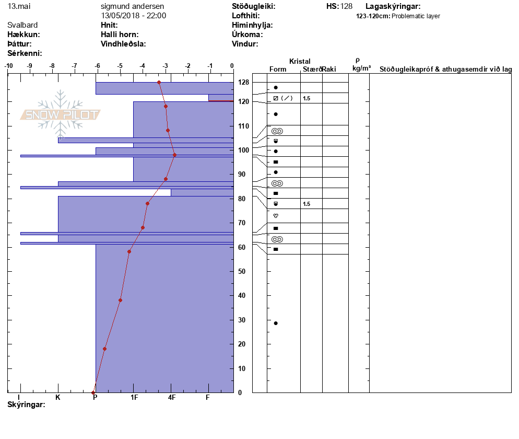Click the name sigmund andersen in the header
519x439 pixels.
(134, 6)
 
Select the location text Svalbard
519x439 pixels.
(22, 25)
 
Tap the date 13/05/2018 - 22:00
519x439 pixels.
(134, 16)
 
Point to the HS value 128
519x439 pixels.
(346, 6)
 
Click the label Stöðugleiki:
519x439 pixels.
(254, 6)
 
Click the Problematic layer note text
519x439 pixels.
(416, 16)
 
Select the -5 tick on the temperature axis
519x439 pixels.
(120, 66)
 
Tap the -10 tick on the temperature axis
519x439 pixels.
(9, 66)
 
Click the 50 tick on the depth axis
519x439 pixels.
(242, 271)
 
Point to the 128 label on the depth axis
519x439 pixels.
(243, 82)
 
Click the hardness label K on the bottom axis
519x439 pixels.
(58, 398)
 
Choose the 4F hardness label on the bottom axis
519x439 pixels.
(172, 398)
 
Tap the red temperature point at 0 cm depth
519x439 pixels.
(93, 392)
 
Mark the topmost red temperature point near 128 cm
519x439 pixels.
(159, 82)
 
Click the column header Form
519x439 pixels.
(277, 70)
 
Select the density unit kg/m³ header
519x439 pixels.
(361, 68)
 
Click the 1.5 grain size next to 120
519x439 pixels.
(306, 98)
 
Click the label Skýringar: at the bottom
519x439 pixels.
(26, 405)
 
